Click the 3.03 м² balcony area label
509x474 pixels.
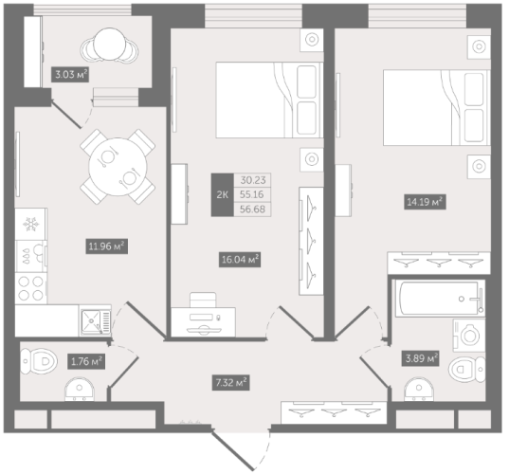click(x=70, y=75)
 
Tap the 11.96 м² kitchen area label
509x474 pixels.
click(x=106, y=246)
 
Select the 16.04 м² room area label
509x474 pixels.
click(x=240, y=260)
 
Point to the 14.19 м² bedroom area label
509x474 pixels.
click(x=425, y=202)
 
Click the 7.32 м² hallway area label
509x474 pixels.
click(x=230, y=383)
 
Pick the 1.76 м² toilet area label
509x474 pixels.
click(x=86, y=361)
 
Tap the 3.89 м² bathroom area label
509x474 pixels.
click(x=421, y=358)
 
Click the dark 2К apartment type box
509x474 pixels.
click(x=223, y=194)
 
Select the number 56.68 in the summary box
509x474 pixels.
click(x=252, y=210)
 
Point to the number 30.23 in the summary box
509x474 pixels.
click(x=253, y=180)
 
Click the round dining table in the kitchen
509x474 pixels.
click(x=118, y=167)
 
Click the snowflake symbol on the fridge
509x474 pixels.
click(x=31, y=225)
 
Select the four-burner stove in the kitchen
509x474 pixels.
click(x=31, y=288)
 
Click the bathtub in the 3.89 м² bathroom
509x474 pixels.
click(x=440, y=299)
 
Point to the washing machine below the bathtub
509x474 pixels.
click(x=469, y=336)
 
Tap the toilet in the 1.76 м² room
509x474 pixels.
click(x=39, y=361)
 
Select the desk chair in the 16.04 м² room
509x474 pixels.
click(x=203, y=300)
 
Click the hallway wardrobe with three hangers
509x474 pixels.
click(x=334, y=412)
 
